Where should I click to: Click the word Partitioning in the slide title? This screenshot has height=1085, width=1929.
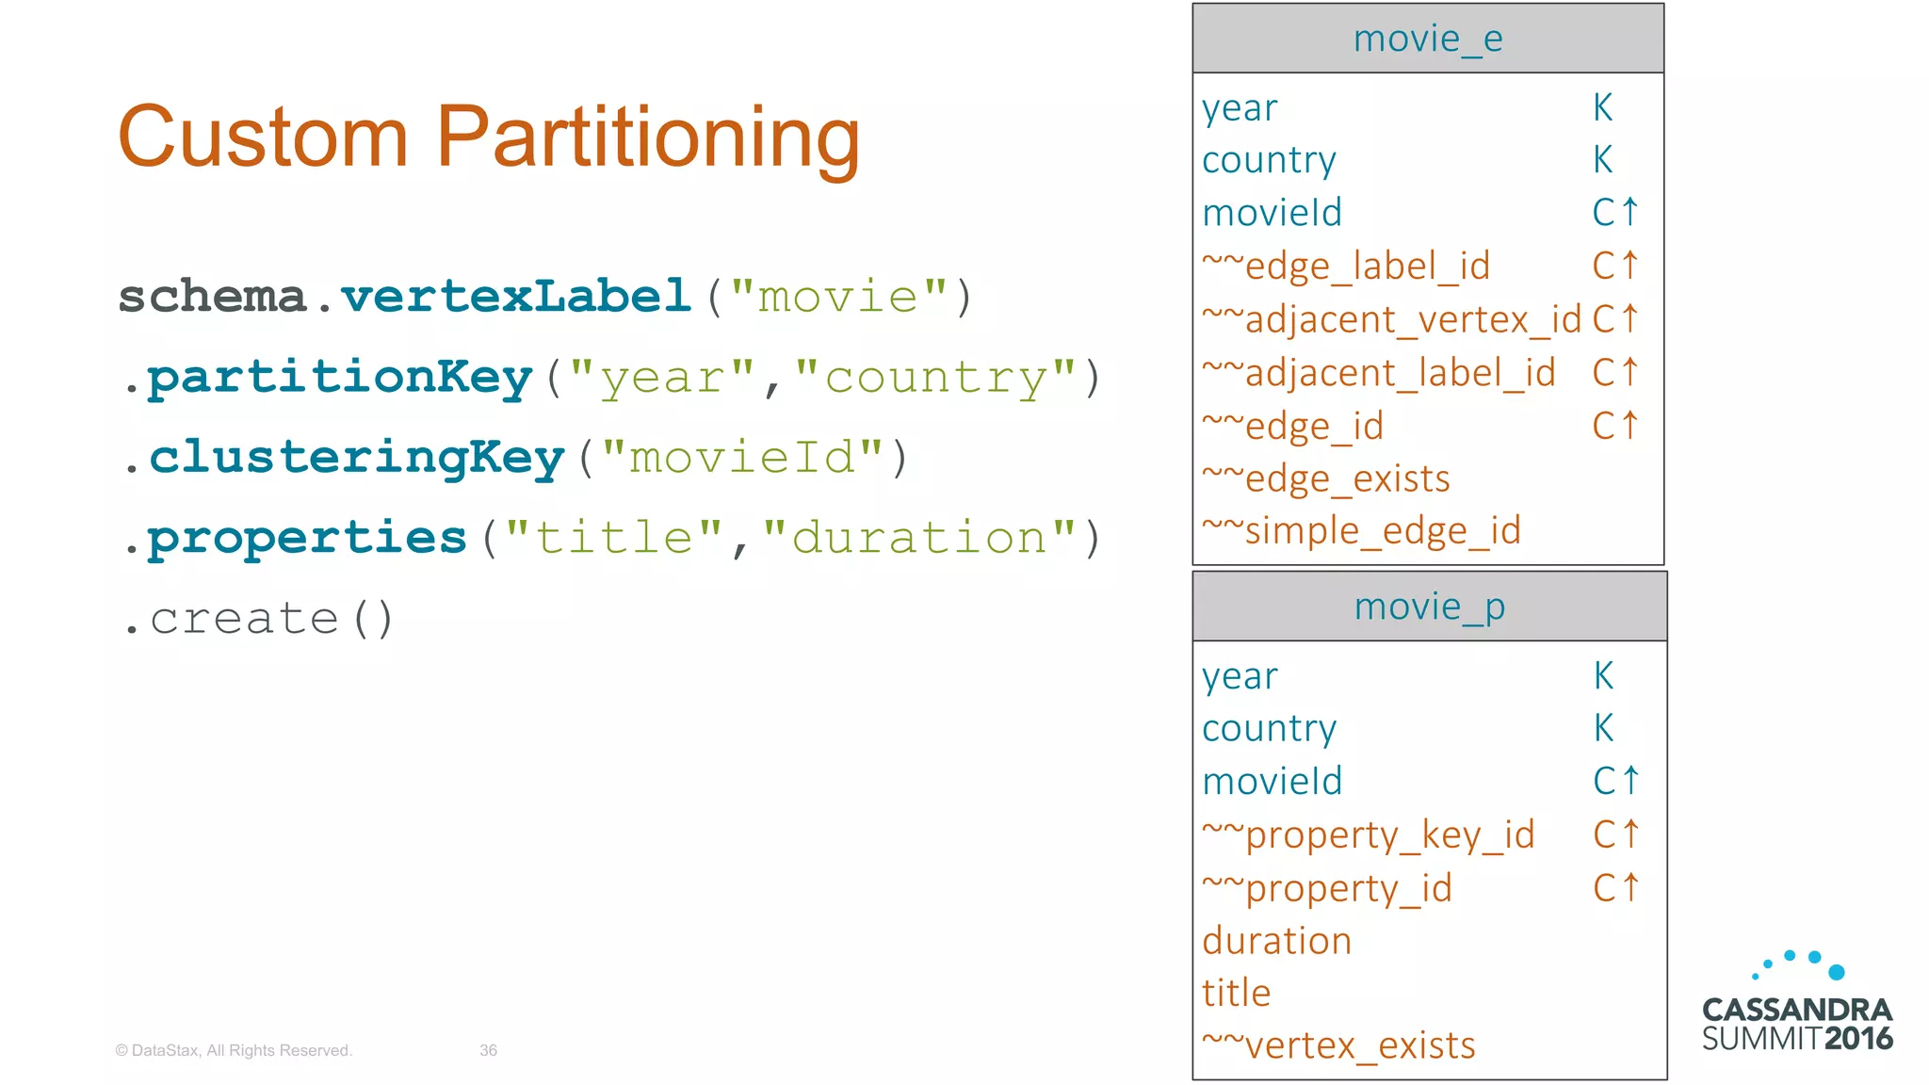point(648,138)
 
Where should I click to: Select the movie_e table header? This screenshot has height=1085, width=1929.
point(1427,40)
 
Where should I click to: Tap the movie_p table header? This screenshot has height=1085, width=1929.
point(1429,607)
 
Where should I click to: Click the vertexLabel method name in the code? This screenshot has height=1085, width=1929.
point(516,297)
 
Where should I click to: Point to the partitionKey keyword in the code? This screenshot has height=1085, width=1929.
point(340,378)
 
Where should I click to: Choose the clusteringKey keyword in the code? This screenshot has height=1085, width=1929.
point(356,458)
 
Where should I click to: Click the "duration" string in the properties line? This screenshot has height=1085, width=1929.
point(918,538)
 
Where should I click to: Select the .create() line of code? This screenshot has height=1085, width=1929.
point(258,619)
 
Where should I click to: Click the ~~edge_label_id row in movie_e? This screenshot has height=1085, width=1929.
point(1346,267)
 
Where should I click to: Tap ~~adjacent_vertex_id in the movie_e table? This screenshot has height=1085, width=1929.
point(1391,320)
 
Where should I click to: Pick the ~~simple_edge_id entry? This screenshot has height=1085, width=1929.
point(1361,531)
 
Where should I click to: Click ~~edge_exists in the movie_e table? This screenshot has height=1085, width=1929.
point(1325,479)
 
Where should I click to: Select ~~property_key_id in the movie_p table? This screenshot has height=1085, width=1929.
point(1368,835)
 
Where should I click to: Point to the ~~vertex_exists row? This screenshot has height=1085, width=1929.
point(1337,1045)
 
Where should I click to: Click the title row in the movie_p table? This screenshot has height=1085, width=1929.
point(1236,993)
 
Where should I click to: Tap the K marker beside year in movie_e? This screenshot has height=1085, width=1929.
point(1602,108)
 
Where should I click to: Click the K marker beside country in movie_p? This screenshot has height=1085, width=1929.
point(1603,728)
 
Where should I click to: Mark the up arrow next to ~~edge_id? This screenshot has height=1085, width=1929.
point(1630,426)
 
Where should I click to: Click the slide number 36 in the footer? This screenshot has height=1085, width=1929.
point(488,1050)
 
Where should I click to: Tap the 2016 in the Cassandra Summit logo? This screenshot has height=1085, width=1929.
point(1857,1039)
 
